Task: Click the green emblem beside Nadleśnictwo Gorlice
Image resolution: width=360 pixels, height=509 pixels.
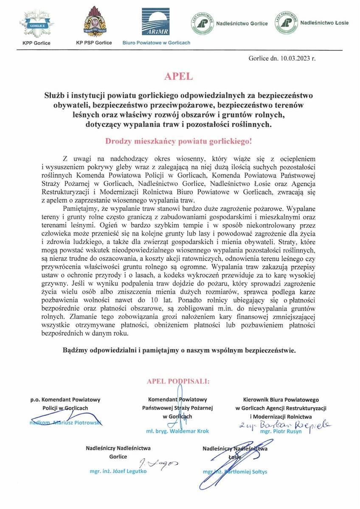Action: (202, 23)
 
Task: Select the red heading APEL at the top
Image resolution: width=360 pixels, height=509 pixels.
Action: (180, 77)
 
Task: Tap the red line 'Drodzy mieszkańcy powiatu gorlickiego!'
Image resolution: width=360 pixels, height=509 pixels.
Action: (180, 140)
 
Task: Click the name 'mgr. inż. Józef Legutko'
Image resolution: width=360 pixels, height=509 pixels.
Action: (112, 471)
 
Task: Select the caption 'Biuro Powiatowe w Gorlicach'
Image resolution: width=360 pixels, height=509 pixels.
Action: (156, 43)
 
